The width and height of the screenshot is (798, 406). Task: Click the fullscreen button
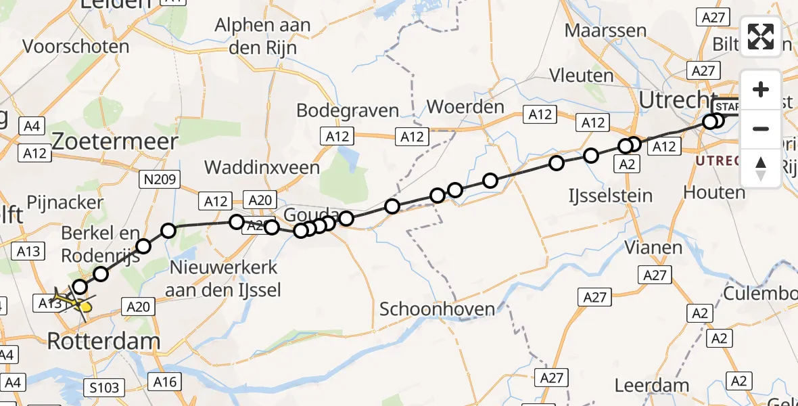tap(761, 36)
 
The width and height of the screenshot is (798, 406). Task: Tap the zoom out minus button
tap(761, 129)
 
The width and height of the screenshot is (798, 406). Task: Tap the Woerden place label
tap(466, 107)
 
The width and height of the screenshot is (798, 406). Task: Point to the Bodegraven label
tap(348, 110)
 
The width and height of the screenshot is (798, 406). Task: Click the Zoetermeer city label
tap(115, 141)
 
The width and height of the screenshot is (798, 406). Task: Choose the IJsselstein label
tap(609, 196)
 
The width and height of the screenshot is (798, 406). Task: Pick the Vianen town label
tap(653, 248)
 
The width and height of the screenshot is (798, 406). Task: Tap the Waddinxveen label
tap(258, 167)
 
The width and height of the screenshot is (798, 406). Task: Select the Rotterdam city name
tap(103, 341)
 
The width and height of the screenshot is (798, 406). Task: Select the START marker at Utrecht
tap(728, 108)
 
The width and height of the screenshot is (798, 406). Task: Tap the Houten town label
tap(713, 193)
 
